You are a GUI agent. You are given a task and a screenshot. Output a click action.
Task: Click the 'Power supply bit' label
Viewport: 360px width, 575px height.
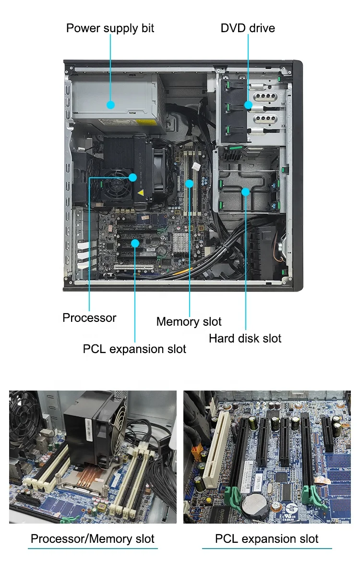(110, 28)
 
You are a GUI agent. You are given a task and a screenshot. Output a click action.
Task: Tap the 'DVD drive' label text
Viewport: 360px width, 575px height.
(248, 28)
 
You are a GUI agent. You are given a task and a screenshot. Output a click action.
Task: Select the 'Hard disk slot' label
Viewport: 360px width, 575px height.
(245, 338)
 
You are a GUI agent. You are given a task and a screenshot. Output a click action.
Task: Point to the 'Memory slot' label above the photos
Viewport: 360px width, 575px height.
(189, 321)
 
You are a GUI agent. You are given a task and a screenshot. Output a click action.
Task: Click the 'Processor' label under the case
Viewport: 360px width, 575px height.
(89, 318)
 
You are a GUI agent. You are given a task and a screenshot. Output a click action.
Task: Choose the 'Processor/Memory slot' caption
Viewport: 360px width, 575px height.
(93, 538)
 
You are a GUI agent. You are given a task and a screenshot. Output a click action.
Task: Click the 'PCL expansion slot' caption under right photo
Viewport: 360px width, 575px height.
(266, 538)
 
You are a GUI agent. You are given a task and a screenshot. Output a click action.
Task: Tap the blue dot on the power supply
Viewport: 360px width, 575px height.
(110, 104)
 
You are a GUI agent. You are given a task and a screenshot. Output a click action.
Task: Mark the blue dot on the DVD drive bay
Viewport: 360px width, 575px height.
(248, 105)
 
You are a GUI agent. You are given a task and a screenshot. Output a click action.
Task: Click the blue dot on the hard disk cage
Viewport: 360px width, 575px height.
(245, 192)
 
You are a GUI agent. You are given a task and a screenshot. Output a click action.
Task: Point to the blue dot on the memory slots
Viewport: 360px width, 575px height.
(190, 184)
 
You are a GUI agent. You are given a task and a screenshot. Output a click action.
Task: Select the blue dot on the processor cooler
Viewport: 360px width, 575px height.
(133, 177)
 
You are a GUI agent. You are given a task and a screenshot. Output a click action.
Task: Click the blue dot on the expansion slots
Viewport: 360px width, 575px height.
(135, 244)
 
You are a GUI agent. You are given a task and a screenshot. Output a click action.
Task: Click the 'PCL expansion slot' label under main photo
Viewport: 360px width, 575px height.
(134, 349)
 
